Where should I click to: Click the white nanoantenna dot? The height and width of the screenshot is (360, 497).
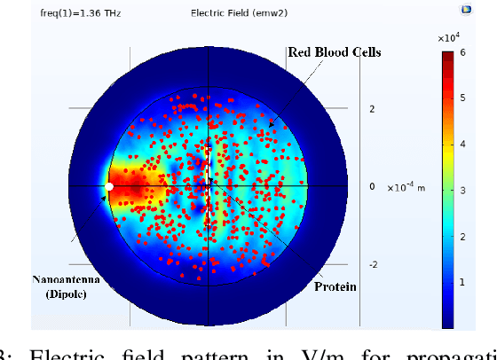pyautogui.click(x=109, y=187)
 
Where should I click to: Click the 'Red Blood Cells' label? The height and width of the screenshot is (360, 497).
pyautogui.click(x=335, y=52)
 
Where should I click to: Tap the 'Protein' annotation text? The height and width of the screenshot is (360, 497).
pyautogui.click(x=335, y=286)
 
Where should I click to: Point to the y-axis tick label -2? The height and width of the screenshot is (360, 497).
pyautogui.click(x=372, y=265)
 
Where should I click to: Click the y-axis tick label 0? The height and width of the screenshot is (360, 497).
pyautogui.click(x=373, y=187)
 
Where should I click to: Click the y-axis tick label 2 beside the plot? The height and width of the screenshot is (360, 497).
pyautogui.click(x=373, y=109)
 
